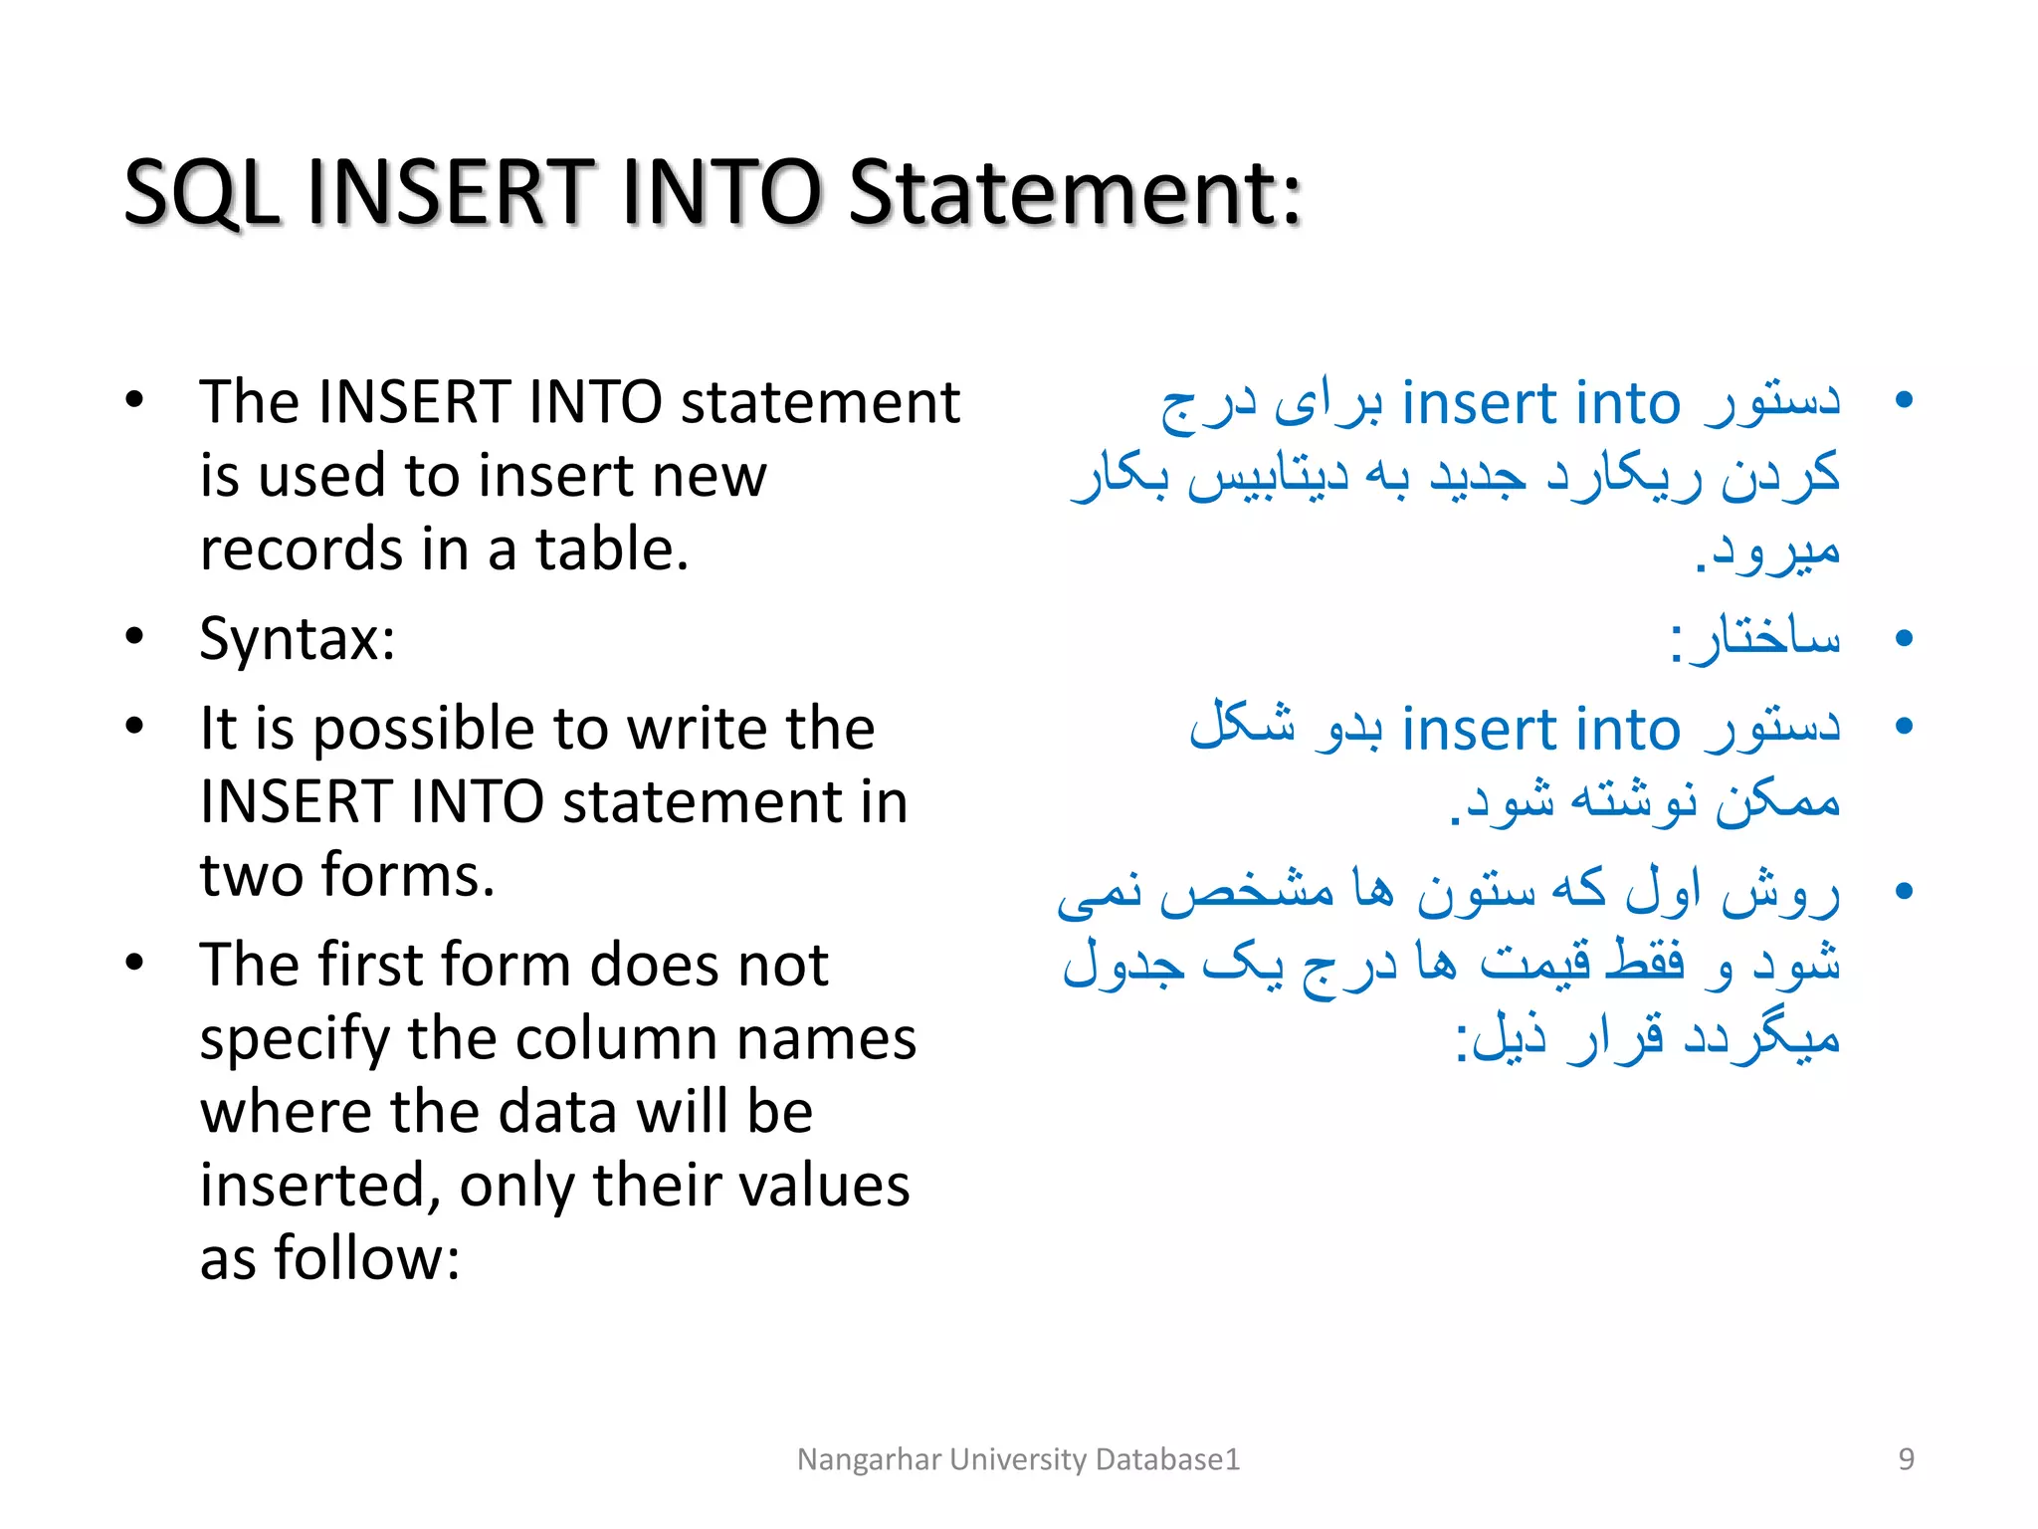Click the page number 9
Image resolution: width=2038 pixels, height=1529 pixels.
[x=1906, y=1459]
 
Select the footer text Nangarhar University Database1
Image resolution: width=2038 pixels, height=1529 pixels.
[x=1018, y=1459]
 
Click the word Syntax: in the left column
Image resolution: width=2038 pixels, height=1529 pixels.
[x=298, y=639]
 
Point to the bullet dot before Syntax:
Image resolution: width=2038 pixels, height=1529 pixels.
[x=135, y=637]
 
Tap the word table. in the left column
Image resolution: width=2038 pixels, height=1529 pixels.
[x=612, y=549]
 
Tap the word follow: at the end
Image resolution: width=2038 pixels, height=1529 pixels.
[x=367, y=1258]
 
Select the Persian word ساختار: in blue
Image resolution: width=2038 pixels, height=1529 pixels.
[x=1755, y=639]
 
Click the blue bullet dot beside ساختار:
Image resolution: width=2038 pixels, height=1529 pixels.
[x=1905, y=638]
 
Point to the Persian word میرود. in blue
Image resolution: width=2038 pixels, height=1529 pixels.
[x=1767, y=551]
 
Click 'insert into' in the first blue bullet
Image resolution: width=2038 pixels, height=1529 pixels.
[x=1540, y=403]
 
